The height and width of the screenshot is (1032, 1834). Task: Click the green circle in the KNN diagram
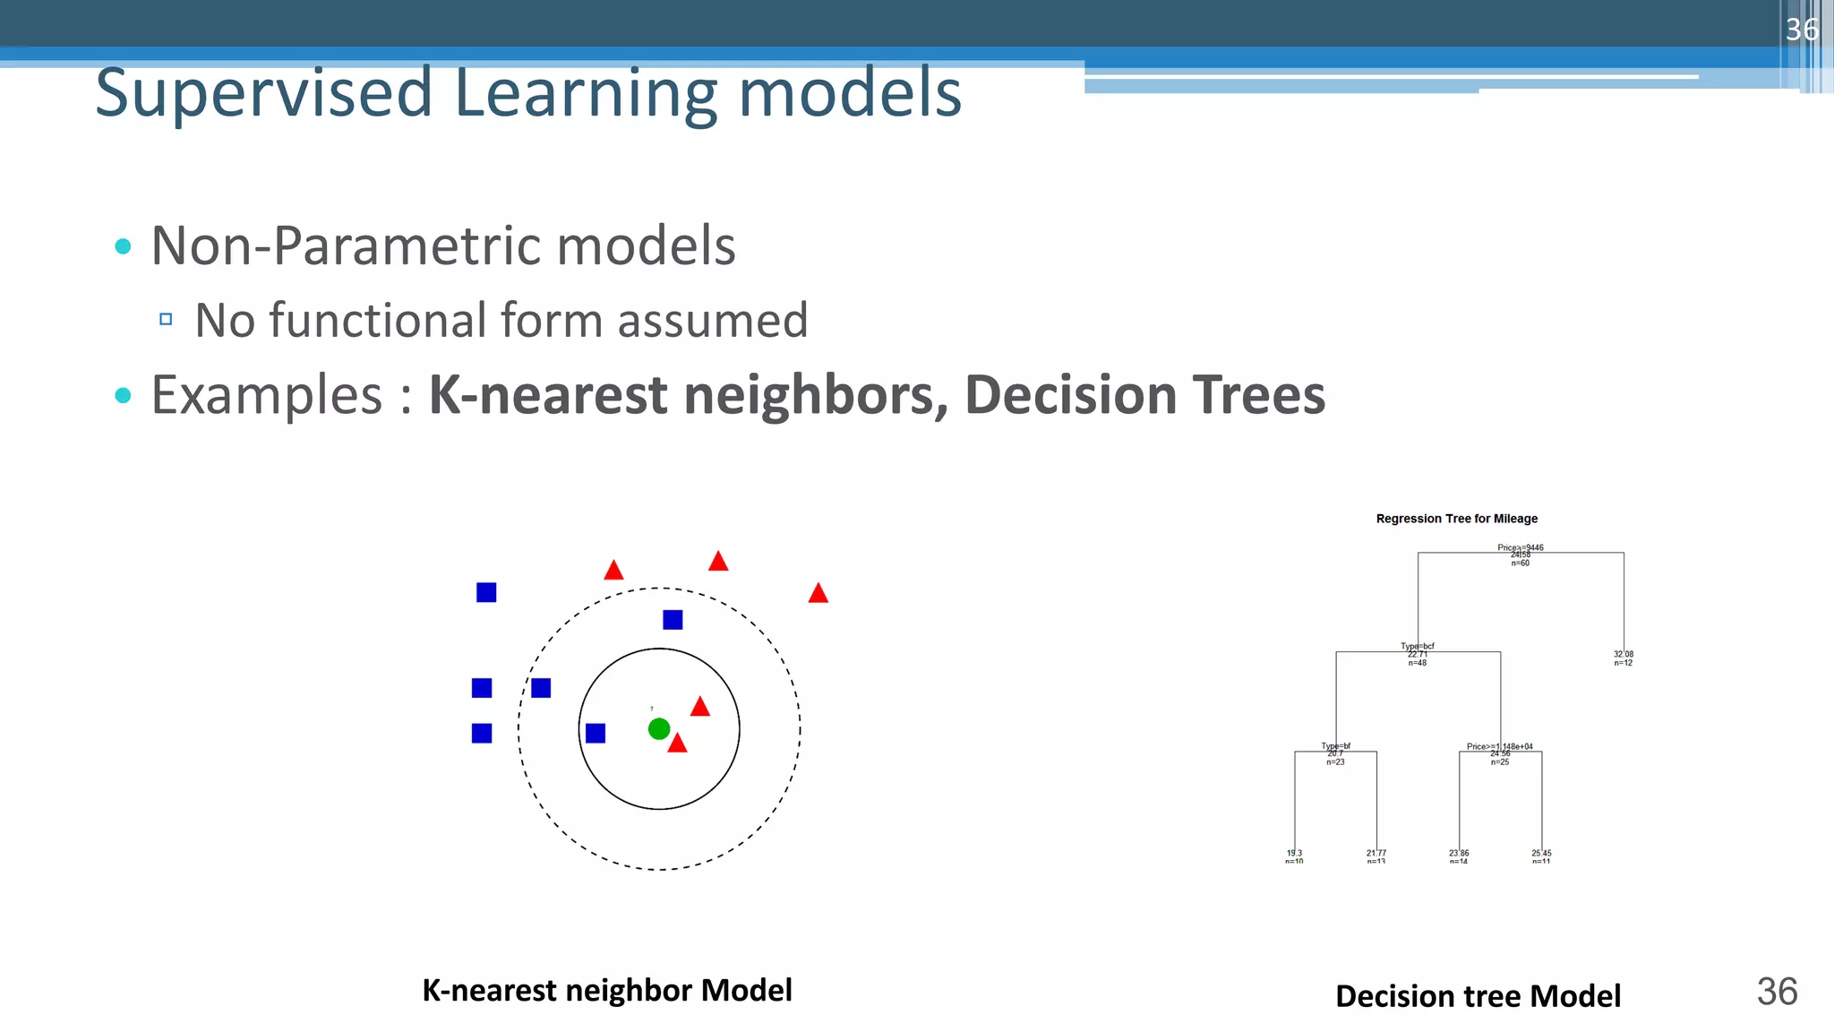tap(659, 729)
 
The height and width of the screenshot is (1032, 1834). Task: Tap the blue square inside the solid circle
tap(596, 734)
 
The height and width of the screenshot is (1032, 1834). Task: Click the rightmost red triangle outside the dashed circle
tap(818, 593)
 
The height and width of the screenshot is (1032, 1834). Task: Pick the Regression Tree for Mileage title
tap(1456, 519)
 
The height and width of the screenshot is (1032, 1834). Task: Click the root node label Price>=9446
tap(1520, 547)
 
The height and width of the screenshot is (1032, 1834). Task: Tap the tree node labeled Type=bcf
tap(1418, 646)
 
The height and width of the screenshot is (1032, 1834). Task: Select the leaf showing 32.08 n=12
tap(1623, 658)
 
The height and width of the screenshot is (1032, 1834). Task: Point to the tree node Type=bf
tap(1335, 746)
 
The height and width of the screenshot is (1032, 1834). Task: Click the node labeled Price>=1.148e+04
tap(1500, 746)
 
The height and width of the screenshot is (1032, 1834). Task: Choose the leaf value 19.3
tap(1294, 854)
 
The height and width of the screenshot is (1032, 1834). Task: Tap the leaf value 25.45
tap(1541, 854)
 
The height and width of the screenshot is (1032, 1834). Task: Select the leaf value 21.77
tap(1376, 854)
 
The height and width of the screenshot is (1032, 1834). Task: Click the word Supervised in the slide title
tap(264, 93)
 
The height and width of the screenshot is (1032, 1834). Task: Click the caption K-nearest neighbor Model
tap(606, 991)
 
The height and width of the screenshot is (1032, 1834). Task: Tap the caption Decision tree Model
tap(1478, 996)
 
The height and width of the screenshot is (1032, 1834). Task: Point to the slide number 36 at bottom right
tap(1777, 992)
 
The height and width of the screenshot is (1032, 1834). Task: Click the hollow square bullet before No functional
tap(166, 319)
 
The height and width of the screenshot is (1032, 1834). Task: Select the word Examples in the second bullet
tap(267, 395)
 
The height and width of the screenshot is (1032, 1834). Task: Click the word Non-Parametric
tap(346, 245)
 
